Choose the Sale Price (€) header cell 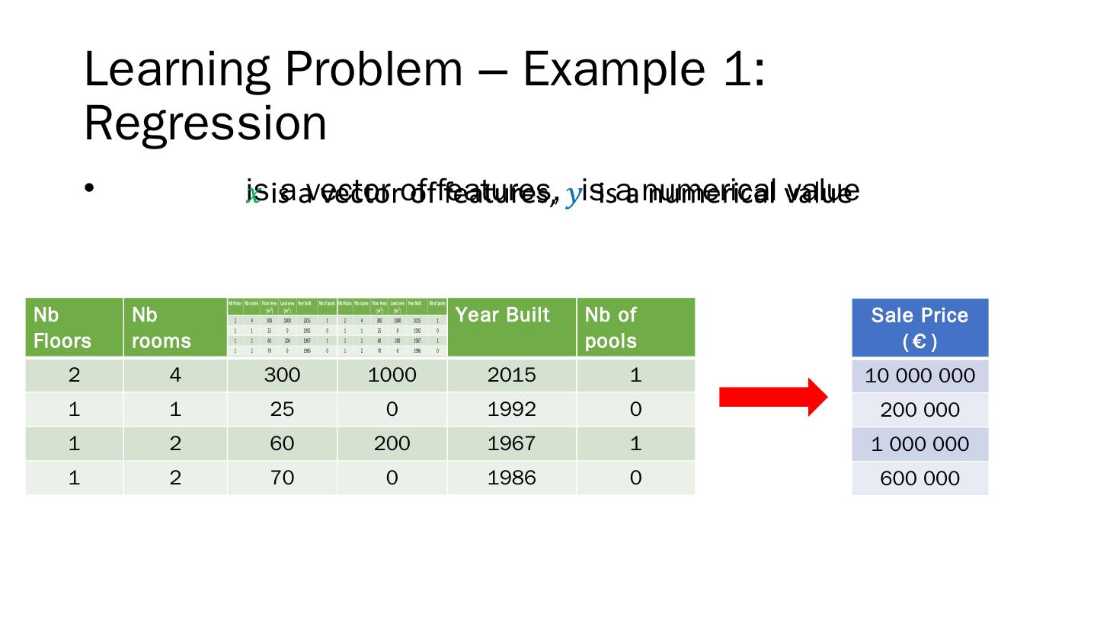click(919, 328)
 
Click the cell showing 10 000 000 click(919, 376)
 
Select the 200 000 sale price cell click(919, 410)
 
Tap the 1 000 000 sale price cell click(919, 444)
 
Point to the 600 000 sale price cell click(919, 478)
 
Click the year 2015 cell click(511, 375)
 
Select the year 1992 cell click(511, 409)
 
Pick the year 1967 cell click(511, 443)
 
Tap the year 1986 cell click(511, 478)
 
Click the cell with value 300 click(282, 375)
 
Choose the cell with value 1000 click(392, 375)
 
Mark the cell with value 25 click(282, 409)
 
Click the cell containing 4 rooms click(174, 375)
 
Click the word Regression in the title click(205, 123)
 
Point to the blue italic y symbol click(574, 196)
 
